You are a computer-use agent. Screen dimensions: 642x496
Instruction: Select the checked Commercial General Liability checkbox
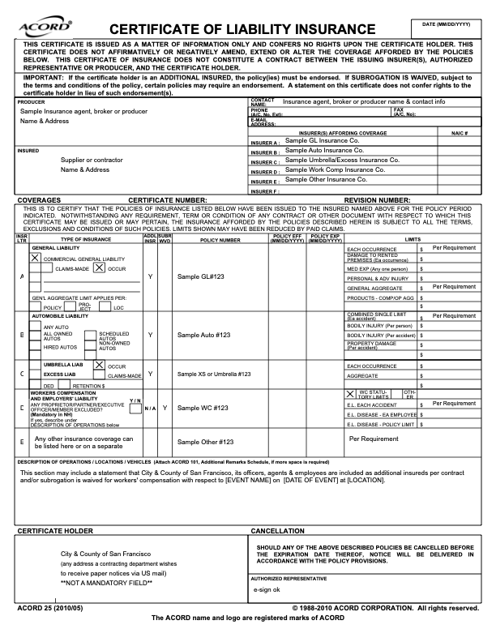(35, 258)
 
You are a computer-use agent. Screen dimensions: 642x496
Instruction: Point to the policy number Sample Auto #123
(205, 334)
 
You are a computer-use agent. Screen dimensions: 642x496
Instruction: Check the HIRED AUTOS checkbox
(35, 346)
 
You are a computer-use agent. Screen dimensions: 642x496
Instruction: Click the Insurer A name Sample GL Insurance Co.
(322, 140)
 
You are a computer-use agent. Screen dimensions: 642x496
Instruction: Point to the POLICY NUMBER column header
(220, 240)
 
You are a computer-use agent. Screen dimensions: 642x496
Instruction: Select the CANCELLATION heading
(278, 530)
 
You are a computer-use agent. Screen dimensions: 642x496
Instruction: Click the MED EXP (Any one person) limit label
(376, 267)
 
